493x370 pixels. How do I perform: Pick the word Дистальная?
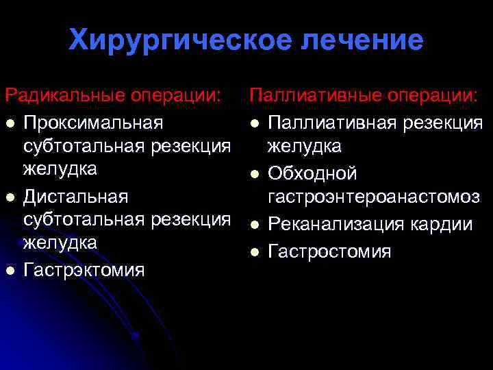click(75, 197)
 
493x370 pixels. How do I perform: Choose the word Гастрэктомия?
click(84, 270)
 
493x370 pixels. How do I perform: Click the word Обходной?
click(312, 173)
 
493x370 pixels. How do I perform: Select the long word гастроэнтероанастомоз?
click(373, 197)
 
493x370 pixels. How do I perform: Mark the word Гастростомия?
click(329, 251)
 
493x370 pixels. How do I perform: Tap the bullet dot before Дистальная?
click(9, 197)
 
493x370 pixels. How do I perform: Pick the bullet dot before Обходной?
click(255, 173)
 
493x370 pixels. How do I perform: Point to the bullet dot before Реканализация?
click(255, 225)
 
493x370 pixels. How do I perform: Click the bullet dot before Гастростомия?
click(255, 252)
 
